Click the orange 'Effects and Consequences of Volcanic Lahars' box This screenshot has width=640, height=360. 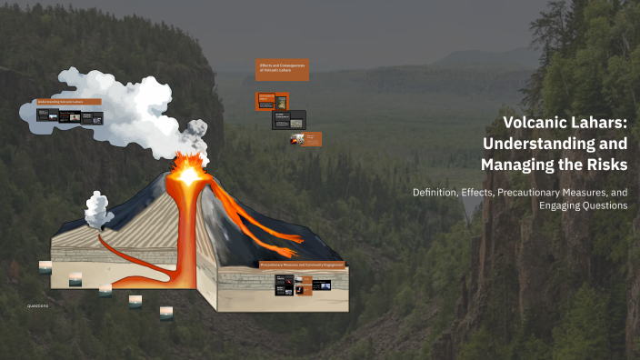pos(282,69)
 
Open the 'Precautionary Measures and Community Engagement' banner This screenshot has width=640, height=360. pos(302,265)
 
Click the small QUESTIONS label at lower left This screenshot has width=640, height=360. pos(37,306)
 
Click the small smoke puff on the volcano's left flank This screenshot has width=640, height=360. pos(97,208)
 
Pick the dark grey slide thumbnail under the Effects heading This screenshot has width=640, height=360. pos(289,119)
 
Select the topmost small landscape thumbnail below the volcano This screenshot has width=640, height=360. pos(45,266)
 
